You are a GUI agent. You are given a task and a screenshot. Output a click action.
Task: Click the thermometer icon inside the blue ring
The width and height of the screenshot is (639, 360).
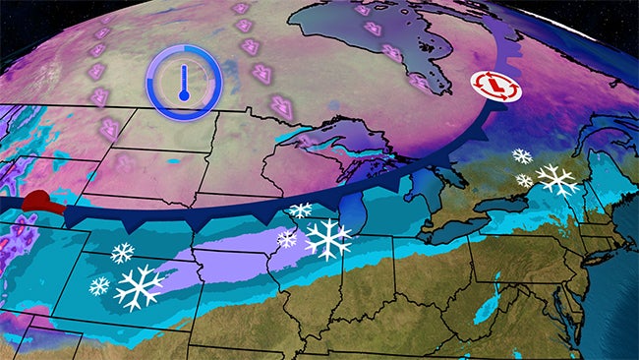pos(184,79)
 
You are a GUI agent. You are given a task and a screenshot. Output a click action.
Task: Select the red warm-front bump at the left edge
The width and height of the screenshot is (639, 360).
pos(42,204)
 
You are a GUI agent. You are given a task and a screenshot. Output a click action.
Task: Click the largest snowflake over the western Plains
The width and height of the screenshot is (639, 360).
pos(139,287)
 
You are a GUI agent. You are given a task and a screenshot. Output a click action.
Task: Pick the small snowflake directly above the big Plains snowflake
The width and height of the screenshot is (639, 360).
pos(122,253)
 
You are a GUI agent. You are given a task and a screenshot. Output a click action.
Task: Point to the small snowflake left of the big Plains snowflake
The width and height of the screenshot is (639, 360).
pos(99,286)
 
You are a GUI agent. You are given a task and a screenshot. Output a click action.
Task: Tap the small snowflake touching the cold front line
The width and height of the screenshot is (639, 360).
pos(300,210)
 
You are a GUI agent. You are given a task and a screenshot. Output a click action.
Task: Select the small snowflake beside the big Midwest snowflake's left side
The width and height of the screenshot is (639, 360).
pos(287,238)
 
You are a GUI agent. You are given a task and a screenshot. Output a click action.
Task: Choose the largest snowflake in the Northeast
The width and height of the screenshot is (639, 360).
pos(557,179)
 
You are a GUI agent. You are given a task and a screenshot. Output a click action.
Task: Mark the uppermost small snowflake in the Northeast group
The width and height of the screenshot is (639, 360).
pos(521,155)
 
